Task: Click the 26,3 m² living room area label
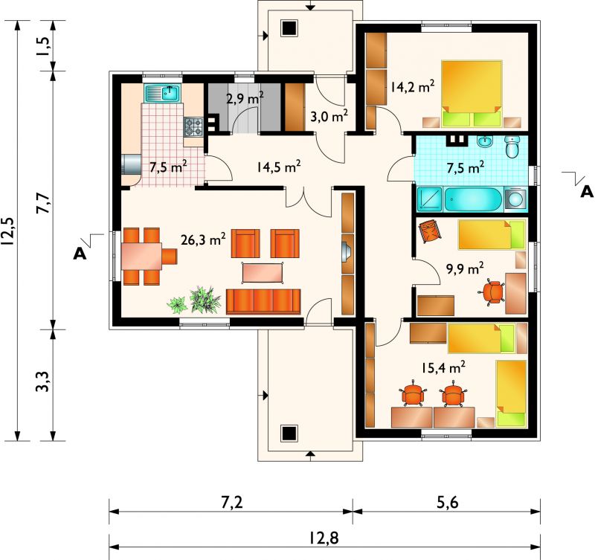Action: tap(203, 239)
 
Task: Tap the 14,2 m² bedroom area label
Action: tap(413, 86)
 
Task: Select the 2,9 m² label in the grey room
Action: tap(245, 98)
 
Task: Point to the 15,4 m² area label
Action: tap(443, 367)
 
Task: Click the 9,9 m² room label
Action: tap(464, 268)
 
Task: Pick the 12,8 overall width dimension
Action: tap(324, 538)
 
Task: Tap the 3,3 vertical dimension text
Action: tap(43, 382)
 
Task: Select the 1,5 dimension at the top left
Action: tap(43, 46)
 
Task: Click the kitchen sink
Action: tap(163, 93)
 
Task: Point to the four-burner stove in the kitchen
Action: tap(193, 126)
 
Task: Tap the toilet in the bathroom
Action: tap(512, 147)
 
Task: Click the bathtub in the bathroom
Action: tap(472, 199)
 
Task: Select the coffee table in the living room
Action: tap(263, 273)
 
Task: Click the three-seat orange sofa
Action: tap(263, 302)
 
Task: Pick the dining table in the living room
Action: tap(142, 256)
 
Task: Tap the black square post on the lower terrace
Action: tap(289, 433)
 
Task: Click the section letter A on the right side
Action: tap(587, 192)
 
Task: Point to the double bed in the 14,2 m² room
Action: tap(472, 94)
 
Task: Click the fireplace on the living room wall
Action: tap(347, 253)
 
